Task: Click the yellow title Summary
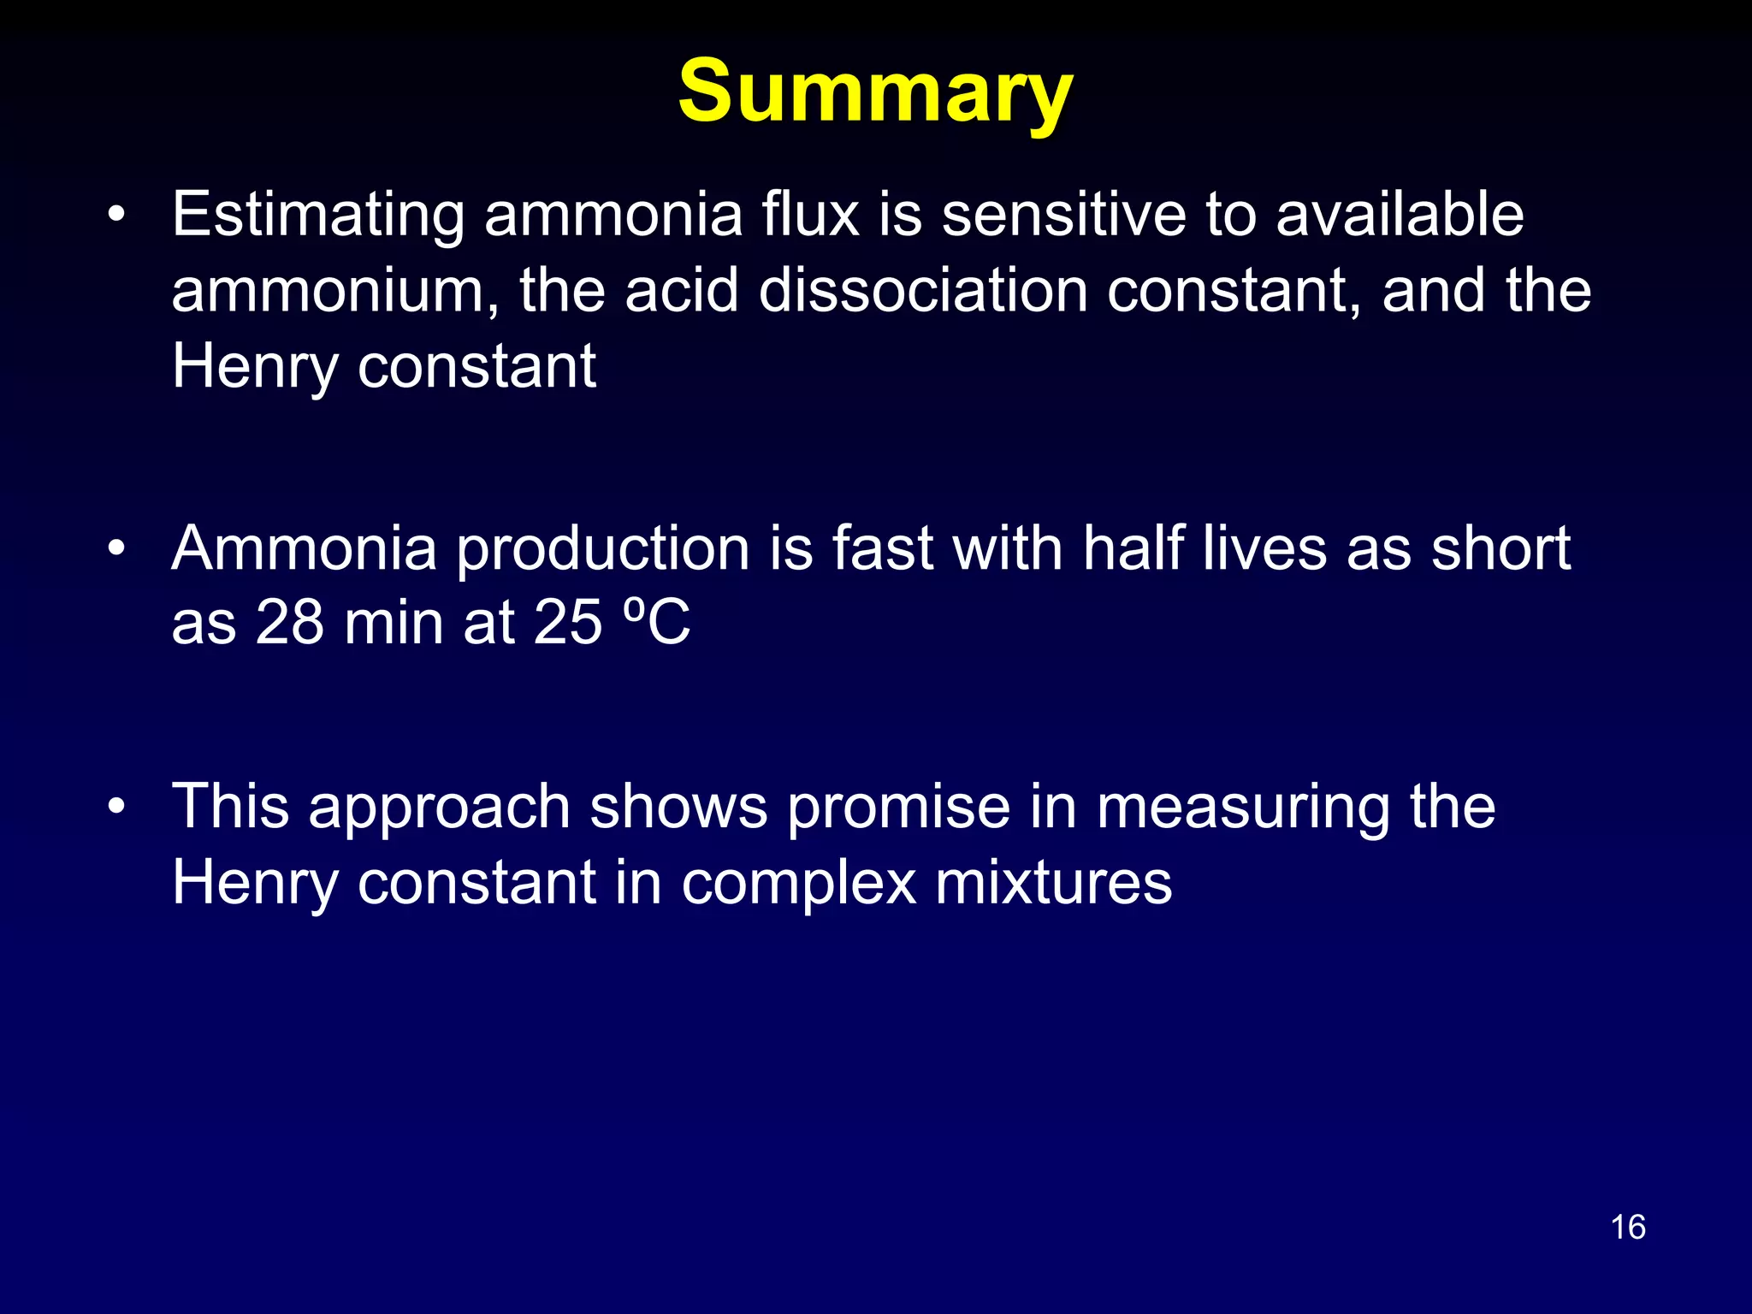click(874, 92)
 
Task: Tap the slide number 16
click(1627, 1227)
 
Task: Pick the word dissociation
click(922, 291)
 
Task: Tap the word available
click(1400, 214)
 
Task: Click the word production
click(602, 549)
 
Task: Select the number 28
click(289, 623)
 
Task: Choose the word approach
click(439, 808)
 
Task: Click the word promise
click(898, 808)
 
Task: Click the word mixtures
click(1053, 883)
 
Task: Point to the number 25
click(568, 623)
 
